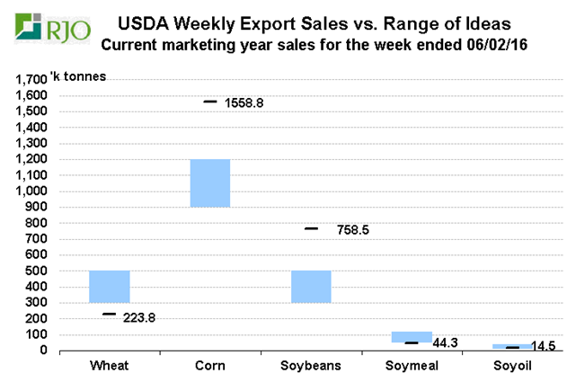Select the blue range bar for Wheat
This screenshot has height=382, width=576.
(110, 287)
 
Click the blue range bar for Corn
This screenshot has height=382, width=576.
(210, 183)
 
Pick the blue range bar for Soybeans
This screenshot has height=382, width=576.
(311, 287)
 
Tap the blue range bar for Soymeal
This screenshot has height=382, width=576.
(412, 337)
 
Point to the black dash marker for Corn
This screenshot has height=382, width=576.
(210, 102)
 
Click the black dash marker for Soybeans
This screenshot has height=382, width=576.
(311, 228)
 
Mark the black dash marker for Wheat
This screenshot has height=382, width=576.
(110, 314)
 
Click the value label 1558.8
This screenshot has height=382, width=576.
(247, 103)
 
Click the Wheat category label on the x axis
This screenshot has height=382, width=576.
(110, 366)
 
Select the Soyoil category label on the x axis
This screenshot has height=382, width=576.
(512, 366)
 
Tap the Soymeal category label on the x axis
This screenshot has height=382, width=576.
(412, 366)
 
